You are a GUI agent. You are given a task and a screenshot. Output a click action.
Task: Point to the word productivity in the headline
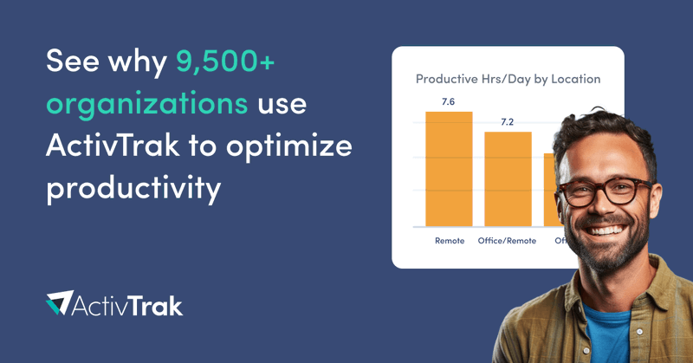pyautogui.click(x=133, y=188)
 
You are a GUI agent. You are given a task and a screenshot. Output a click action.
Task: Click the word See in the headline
pyautogui.click(x=74, y=62)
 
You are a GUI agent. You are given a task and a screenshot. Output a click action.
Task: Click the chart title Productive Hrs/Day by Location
pyautogui.click(x=508, y=79)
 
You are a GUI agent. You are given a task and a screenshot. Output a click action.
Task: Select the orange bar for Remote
pyautogui.click(x=449, y=169)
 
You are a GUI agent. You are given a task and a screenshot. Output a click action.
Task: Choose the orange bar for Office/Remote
pyautogui.click(x=508, y=179)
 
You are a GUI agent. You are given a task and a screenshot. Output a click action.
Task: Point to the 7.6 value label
pyautogui.click(x=448, y=101)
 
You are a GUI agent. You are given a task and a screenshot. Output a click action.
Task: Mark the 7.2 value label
pyautogui.click(x=508, y=121)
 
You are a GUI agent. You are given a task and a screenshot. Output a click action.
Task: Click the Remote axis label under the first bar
pyautogui.click(x=450, y=240)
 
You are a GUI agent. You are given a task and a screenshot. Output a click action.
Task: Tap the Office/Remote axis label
pyautogui.click(x=508, y=240)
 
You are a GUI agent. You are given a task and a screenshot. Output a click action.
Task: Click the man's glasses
pyautogui.click(x=605, y=189)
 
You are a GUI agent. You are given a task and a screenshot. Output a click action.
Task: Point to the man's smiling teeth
pyautogui.click(x=614, y=228)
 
